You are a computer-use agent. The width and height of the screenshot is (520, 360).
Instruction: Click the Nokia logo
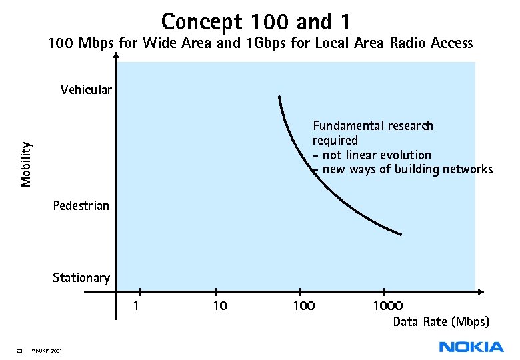coord(471,346)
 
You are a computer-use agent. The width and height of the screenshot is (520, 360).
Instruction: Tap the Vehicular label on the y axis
coord(86,89)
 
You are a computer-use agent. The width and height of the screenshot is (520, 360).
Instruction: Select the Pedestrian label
coord(81,205)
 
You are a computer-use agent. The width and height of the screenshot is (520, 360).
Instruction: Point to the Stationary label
coord(81,277)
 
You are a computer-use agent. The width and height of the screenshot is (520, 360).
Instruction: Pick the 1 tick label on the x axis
coord(136,306)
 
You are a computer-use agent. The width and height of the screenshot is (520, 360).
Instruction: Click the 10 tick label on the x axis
coord(219,306)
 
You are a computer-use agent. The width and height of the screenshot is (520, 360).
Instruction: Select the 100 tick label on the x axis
coord(303,306)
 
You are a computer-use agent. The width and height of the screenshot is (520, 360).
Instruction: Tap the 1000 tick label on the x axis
coord(387,306)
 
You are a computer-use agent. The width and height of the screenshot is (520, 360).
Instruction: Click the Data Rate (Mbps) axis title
coord(441,322)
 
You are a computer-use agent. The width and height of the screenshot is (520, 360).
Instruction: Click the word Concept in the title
coord(203,21)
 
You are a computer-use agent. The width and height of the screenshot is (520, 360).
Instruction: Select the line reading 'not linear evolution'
coord(376,155)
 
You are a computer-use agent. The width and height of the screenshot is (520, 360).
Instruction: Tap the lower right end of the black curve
coord(401,234)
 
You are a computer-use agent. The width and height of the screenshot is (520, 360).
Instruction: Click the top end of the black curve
coord(279,97)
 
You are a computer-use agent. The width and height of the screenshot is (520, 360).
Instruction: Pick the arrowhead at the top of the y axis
coord(116,56)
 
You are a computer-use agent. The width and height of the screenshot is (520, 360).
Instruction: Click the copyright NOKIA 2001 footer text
coord(47,351)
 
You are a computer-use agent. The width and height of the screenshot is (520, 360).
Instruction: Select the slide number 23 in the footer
coord(19,351)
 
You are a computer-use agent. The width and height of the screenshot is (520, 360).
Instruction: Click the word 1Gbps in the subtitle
coord(265,44)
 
